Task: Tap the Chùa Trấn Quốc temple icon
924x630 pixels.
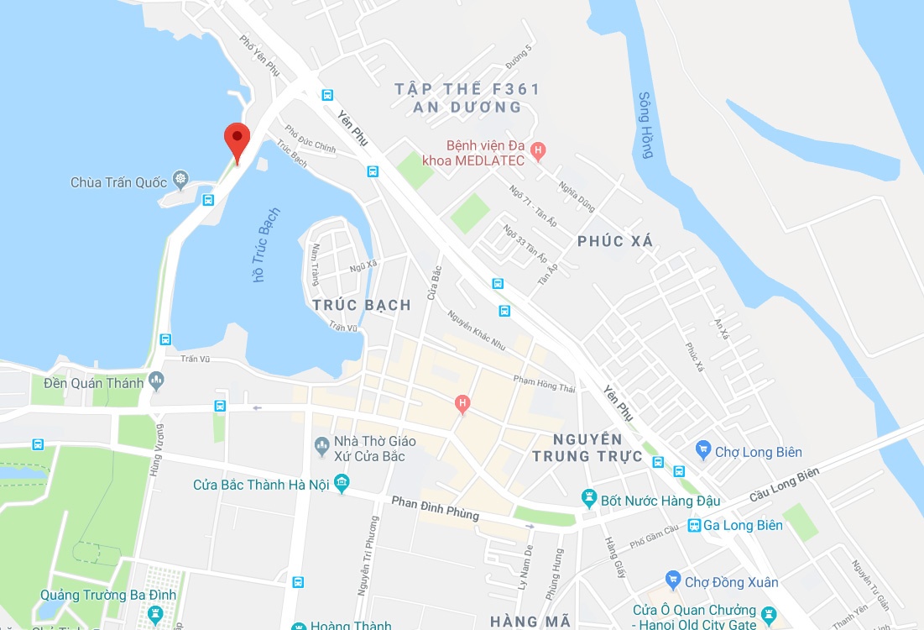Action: point(180,179)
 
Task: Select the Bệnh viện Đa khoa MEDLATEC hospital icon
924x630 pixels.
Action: point(539,151)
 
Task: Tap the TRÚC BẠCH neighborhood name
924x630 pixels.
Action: point(362,305)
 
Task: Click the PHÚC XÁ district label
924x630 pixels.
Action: point(615,242)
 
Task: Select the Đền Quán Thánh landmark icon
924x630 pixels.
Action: point(156,382)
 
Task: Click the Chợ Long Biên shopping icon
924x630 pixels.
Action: point(702,452)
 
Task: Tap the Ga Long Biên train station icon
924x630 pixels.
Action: point(694,526)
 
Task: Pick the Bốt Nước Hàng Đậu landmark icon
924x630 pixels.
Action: point(589,501)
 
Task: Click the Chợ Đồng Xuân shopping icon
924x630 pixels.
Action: point(672,581)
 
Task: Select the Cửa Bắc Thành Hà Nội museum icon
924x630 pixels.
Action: point(342,484)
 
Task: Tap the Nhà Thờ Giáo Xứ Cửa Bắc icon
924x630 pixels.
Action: point(321,443)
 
